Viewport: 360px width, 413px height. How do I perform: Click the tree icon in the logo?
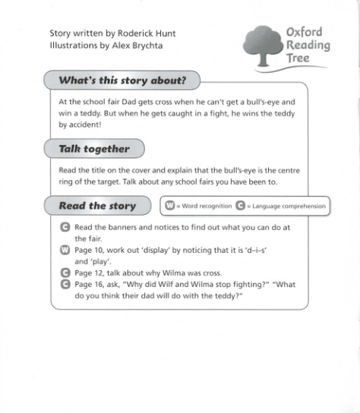(x=265, y=46)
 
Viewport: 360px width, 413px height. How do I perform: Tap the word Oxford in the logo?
(x=304, y=32)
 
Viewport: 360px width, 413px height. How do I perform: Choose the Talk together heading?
(x=94, y=149)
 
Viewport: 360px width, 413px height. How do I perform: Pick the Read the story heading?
(x=97, y=206)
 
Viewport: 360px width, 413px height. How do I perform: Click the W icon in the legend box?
(x=171, y=206)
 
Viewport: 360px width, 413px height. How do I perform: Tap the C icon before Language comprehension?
(x=240, y=206)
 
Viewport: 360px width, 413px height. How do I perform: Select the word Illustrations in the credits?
(x=73, y=46)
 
